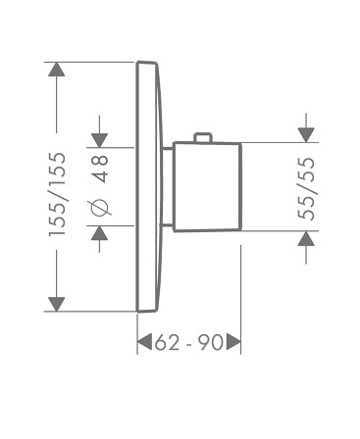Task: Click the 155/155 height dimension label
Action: pyautogui.click(x=57, y=194)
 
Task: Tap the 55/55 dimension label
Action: pyautogui.click(x=306, y=189)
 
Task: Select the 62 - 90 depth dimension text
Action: pyautogui.click(x=189, y=343)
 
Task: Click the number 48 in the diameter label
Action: pyautogui.click(x=100, y=169)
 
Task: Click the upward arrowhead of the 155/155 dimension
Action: pyautogui.click(x=57, y=70)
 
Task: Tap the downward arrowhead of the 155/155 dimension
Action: pyautogui.click(x=57, y=305)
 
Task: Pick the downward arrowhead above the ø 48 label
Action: pyautogui.click(x=99, y=140)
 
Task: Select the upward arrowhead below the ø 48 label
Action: pyautogui.click(x=99, y=233)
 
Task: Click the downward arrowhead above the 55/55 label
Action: pyautogui.click(x=306, y=135)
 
